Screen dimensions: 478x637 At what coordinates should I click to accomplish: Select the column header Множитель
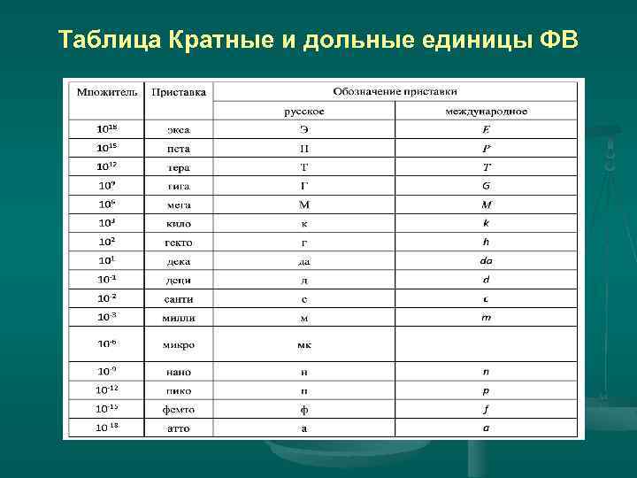tap(106, 91)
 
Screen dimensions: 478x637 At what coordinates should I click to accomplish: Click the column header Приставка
tap(179, 91)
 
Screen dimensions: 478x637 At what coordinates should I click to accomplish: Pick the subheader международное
tap(487, 111)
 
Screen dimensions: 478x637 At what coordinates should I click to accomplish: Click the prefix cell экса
tap(179, 130)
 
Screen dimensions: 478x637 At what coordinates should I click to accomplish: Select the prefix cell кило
tap(179, 224)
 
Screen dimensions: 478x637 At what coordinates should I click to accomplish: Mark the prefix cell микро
tap(179, 344)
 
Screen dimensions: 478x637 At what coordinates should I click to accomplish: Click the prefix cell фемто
tap(179, 410)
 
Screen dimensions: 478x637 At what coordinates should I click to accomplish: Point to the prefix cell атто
tap(179, 428)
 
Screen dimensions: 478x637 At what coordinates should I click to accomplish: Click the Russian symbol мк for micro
tap(303, 344)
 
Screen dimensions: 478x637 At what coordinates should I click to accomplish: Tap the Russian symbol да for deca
tap(303, 261)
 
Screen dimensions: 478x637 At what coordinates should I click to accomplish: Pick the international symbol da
tap(487, 261)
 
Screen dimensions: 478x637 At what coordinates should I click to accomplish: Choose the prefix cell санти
tap(179, 298)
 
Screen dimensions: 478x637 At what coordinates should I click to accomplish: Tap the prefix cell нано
tap(179, 373)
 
